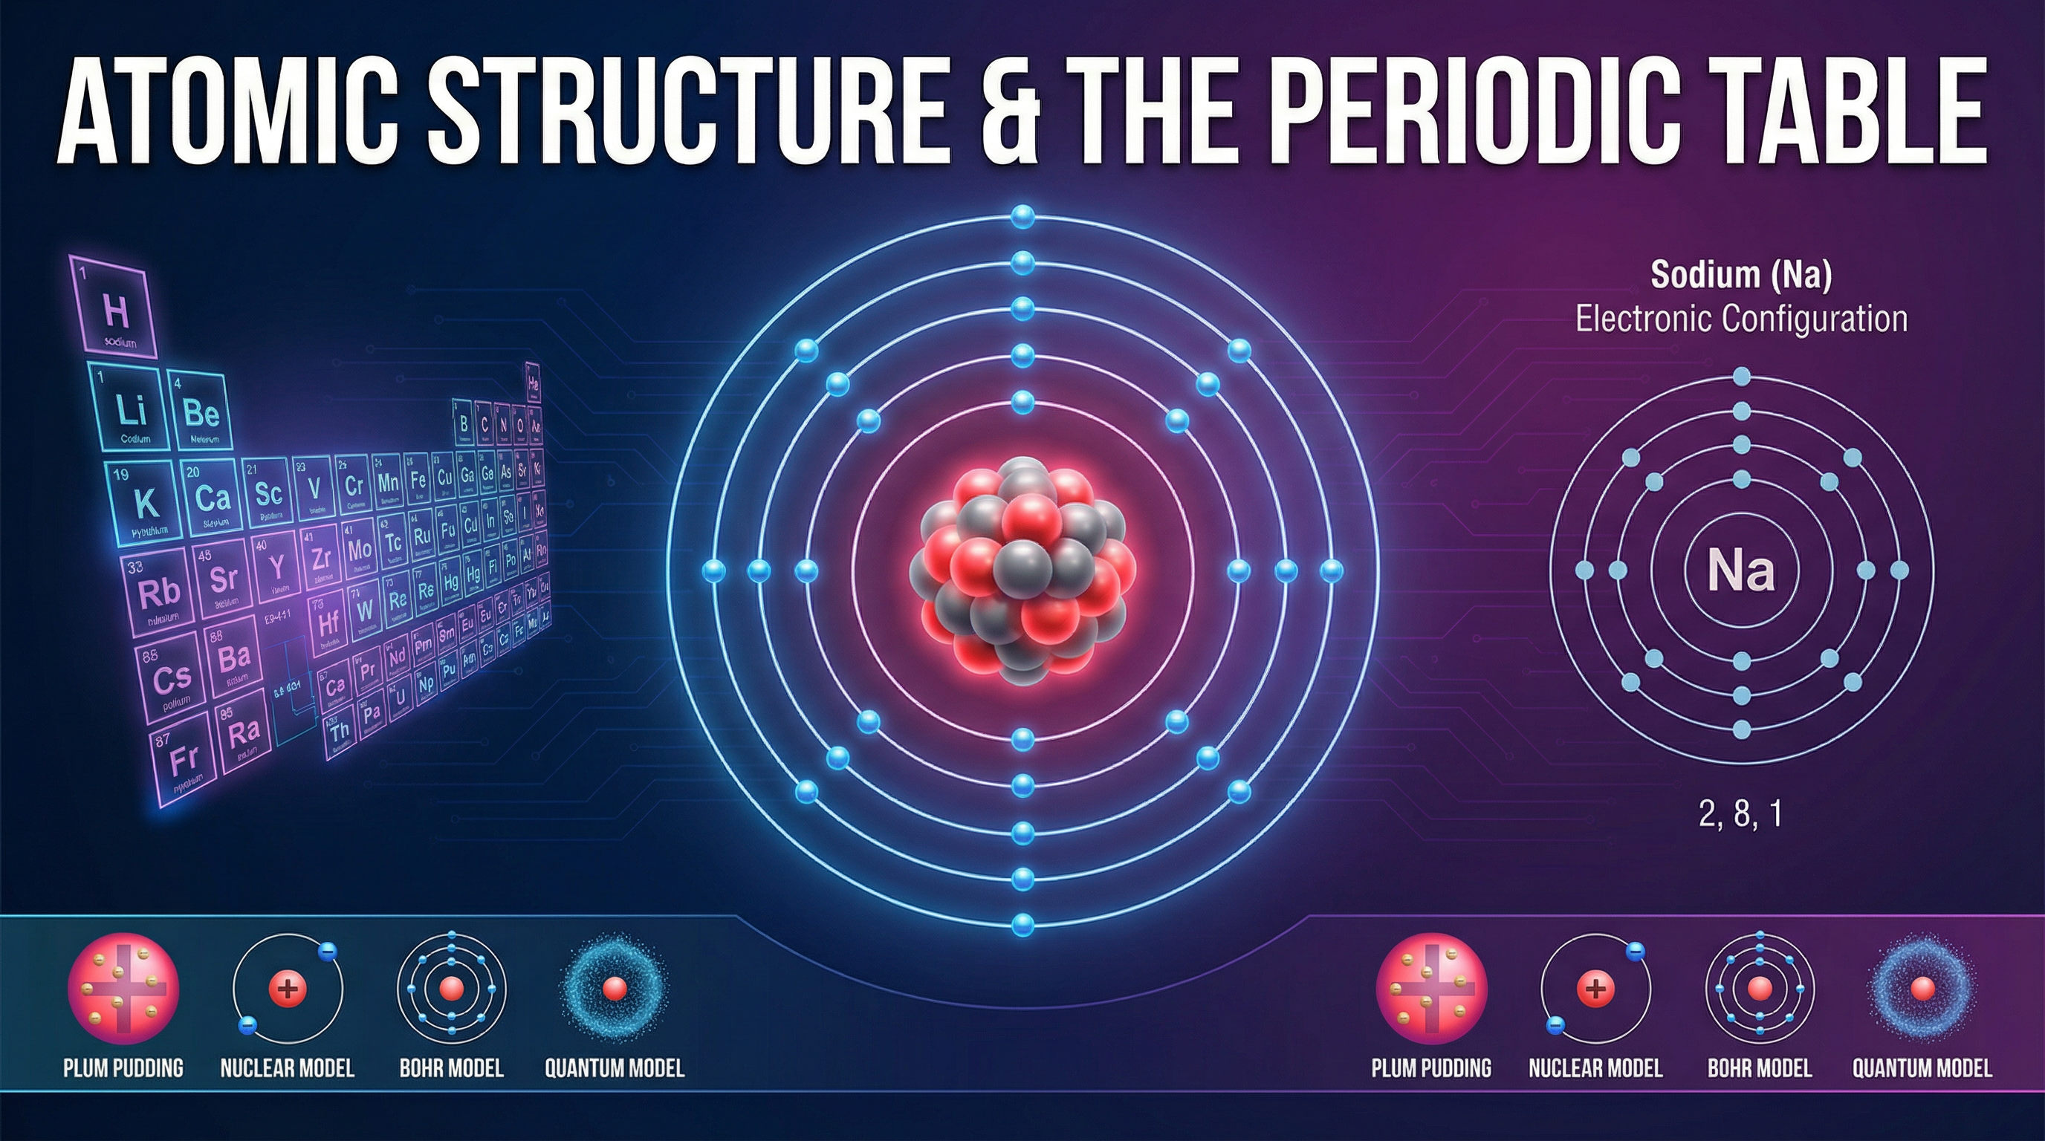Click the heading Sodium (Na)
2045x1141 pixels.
click(x=1741, y=275)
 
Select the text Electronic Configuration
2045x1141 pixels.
click(x=1741, y=319)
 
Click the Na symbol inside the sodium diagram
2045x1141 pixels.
click(x=1741, y=570)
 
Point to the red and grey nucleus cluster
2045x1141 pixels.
click(x=1022, y=570)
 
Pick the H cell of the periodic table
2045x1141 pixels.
click(x=115, y=313)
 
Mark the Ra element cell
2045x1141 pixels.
click(x=242, y=734)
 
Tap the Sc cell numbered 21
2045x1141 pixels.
click(x=268, y=493)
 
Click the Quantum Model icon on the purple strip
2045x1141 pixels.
click(x=1922, y=989)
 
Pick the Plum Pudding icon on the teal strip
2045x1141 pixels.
click(x=123, y=989)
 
